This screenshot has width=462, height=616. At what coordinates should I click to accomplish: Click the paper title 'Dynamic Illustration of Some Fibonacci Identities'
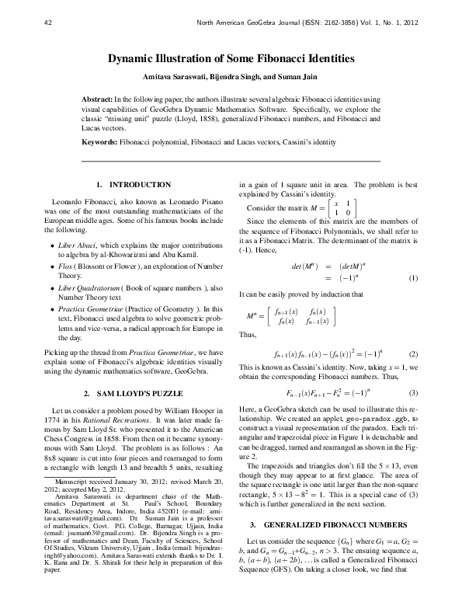(231, 58)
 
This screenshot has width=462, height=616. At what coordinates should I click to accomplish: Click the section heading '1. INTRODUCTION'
(133, 185)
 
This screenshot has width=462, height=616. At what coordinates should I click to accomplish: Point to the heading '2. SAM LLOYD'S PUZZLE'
(133, 394)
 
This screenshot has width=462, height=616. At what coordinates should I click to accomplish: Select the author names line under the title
(231, 78)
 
